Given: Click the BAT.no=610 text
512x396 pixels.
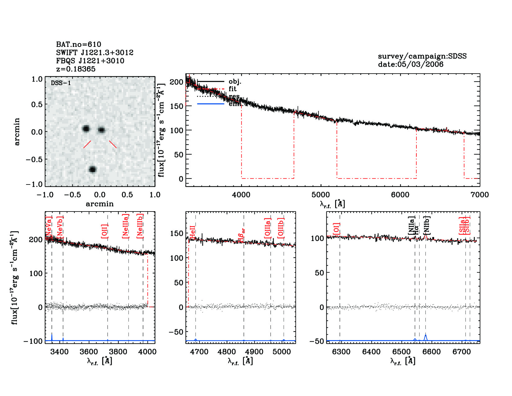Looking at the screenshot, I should [79, 44].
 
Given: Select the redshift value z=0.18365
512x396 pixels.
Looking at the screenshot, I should [76, 69].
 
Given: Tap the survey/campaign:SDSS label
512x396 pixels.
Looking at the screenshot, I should [422, 56].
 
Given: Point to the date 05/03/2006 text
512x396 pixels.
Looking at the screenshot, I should [411, 64].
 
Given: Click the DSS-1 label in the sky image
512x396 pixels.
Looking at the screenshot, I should [61, 83].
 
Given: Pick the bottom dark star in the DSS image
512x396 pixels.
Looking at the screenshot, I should [92, 169].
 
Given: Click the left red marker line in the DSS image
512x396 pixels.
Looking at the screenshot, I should [87, 144].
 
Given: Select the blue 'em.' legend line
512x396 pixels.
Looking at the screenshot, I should [210, 104].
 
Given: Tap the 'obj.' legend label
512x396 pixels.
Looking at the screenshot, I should [235, 82].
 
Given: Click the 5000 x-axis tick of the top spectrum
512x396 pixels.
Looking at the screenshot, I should [321, 195].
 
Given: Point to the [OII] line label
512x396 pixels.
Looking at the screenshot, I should [104, 231].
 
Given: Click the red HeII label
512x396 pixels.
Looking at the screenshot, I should [192, 233].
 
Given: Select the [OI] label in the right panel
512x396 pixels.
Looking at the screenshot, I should [336, 229].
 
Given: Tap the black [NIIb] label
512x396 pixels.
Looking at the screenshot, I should [427, 225].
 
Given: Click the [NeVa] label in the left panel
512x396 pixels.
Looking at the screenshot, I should [49, 226].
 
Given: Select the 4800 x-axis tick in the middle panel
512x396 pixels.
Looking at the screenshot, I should [227, 352].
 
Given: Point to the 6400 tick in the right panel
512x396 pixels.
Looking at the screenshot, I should [371, 352].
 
